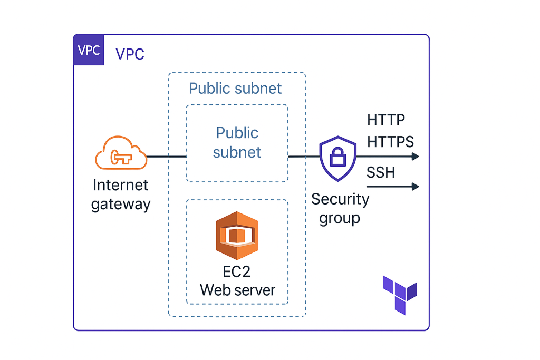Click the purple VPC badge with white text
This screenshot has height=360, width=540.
[x=89, y=50]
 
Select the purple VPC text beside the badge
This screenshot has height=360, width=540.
[x=130, y=54]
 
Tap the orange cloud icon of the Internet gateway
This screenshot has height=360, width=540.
[x=121, y=153]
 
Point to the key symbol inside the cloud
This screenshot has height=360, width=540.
[x=120, y=157]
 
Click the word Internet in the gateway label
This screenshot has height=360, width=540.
[x=121, y=185]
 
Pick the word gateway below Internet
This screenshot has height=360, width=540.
[x=121, y=205]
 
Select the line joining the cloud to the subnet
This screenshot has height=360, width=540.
[x=166, y=157]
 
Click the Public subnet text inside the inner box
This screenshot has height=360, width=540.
[x=237, y=142]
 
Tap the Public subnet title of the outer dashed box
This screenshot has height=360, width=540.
[x=235, y=88]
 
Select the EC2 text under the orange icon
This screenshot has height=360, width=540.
[x=237, y=273]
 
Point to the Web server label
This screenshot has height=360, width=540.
[x=237, y=290]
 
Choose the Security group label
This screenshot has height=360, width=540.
[x=340, y=208]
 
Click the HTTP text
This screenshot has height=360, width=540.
[x=386, y=120]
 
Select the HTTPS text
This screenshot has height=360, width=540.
[x=390, y=141]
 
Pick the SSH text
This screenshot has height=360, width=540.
[x=380, y=172]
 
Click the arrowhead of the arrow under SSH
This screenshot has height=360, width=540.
[x=415, y=187]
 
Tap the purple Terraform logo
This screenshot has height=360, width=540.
[x=400, y=294]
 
